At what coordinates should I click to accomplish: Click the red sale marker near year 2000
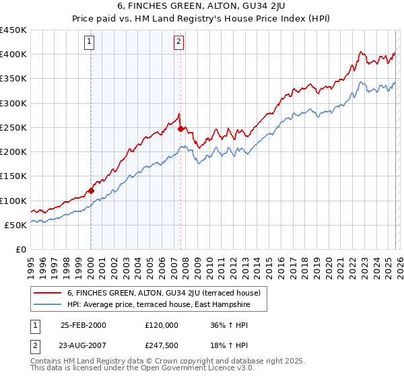pyautogui.click(x=91, y=191)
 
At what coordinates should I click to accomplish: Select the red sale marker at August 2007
pyautogui.click(x=180, y=129)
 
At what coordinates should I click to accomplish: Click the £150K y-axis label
pyautogui.click(x=14, y=176)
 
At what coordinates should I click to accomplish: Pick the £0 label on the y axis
pyautogui.click(x=22, y=250)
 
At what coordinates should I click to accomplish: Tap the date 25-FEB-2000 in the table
pyautogui.click(x=83, y=324)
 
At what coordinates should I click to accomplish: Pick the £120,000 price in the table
pyautogui.click(x=162, y=324)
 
